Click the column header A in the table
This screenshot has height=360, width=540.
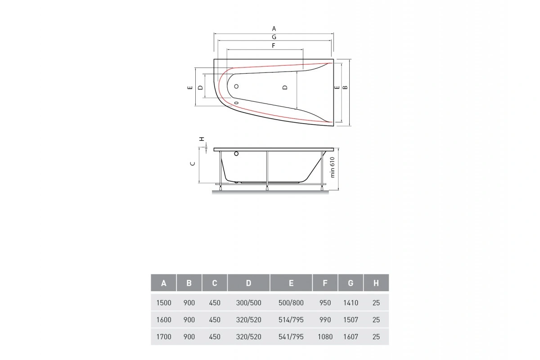point(163,283)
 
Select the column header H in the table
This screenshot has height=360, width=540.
point(376,283)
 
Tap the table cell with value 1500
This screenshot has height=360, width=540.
point(163,303)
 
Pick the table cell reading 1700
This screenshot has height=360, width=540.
point(163,337)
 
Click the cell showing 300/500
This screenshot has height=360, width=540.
point(248,303)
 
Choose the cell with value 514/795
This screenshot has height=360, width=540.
point(291,320)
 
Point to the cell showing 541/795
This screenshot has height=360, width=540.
point(291,337)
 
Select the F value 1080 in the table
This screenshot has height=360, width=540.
point(324,337)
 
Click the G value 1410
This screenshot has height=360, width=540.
point(351,303)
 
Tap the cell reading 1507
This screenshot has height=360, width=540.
point(351,320)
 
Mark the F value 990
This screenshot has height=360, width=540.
point(324,320)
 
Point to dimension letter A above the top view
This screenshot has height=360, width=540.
point(274,28)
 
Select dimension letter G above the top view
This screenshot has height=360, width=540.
point(274,37)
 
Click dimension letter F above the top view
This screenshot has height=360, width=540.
point(273,45)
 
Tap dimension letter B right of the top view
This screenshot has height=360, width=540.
point(345,87)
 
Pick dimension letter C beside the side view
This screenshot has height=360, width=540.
point(192,164)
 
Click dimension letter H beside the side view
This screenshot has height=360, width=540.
point(202,139)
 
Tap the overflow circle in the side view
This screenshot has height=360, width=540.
point(236,155)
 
